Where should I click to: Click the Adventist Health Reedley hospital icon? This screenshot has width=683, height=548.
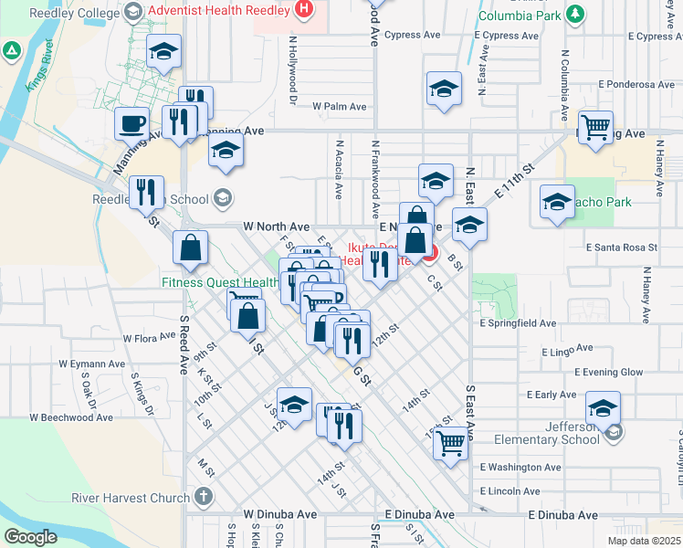pos(305,11)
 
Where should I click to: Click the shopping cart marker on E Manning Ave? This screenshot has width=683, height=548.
pos(595,127)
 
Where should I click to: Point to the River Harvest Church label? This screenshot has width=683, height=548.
pos(131,498)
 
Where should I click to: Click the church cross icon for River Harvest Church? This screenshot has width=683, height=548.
pos(203,498)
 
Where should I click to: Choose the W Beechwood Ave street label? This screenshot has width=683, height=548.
pos(71,417)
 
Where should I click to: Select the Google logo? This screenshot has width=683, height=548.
pos(30,537)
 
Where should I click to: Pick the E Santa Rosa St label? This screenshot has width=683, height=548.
pos(622,248)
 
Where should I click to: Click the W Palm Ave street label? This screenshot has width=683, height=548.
pos(339,107)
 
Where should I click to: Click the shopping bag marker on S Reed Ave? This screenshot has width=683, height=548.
pos(190,248)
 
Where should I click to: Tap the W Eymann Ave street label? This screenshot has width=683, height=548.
pos(92,364)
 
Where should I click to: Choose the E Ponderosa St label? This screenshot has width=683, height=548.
pos(636,84)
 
